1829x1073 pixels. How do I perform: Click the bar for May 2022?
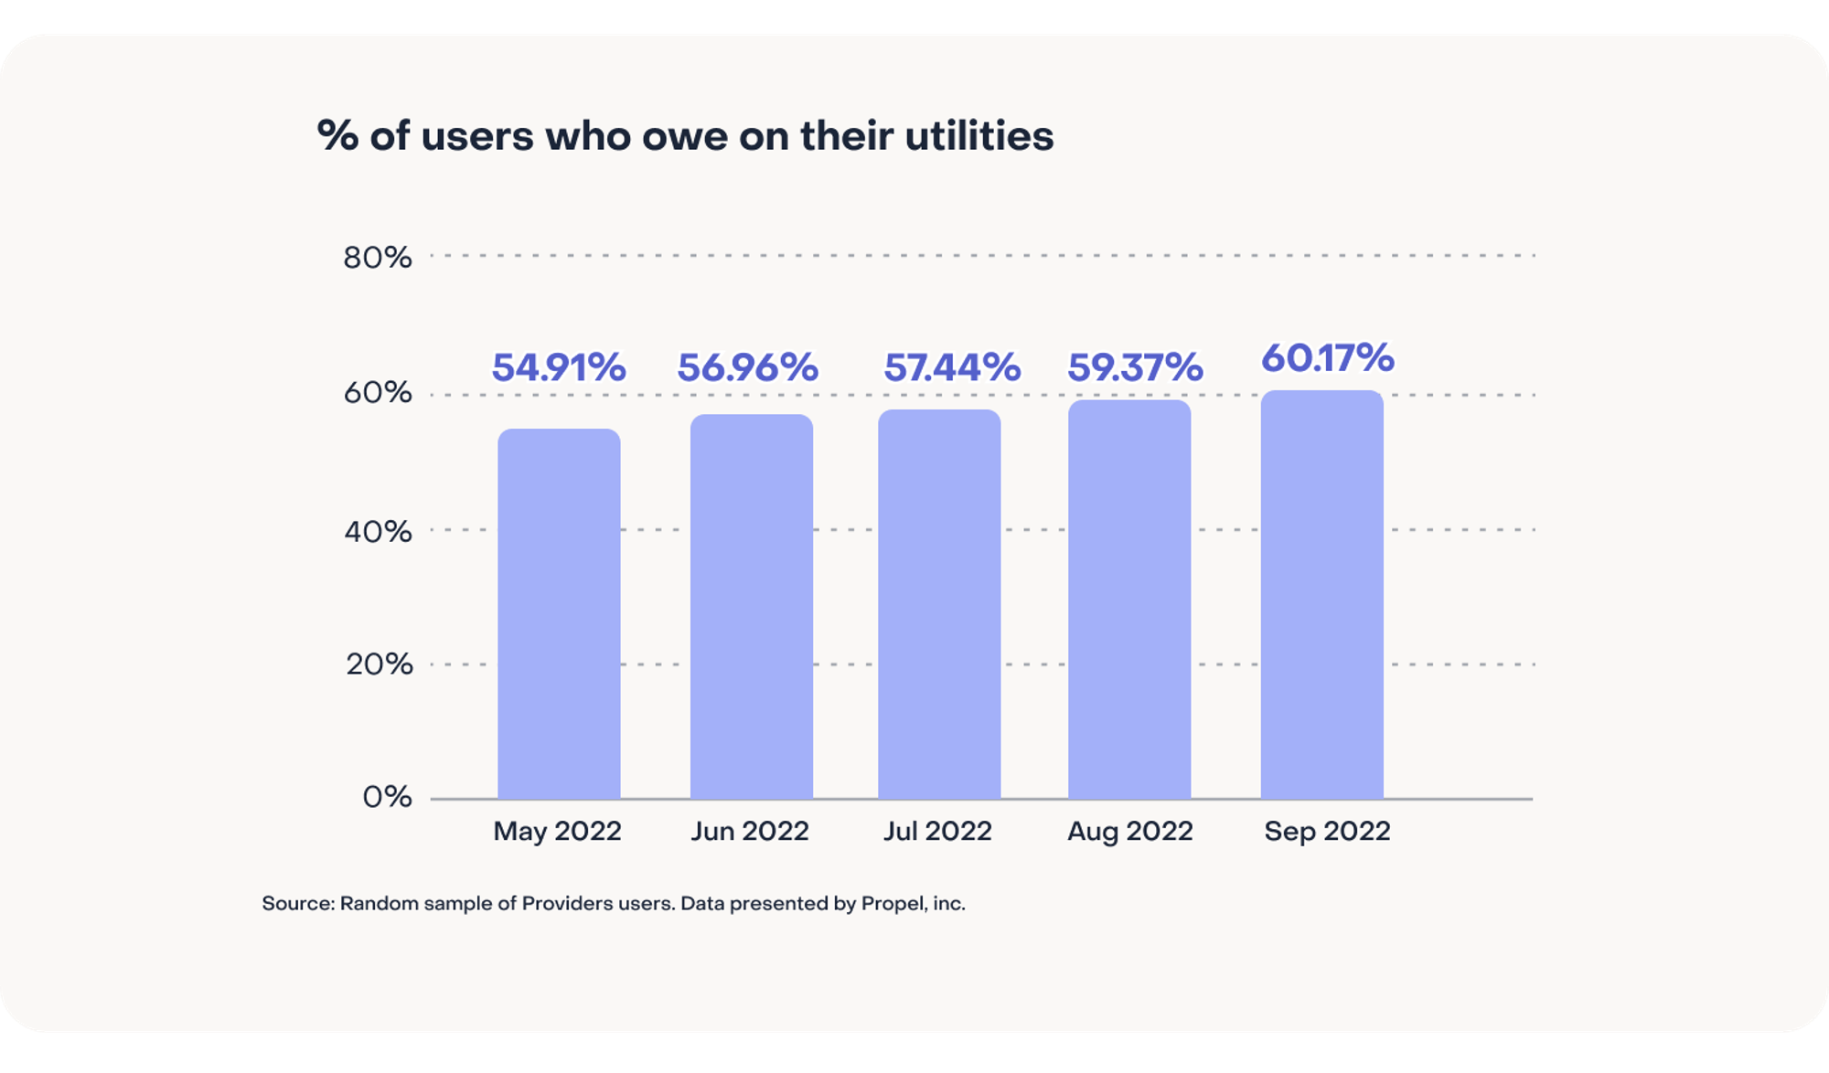tap(559, 614)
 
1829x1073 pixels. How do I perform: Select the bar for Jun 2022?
tap(751, 607)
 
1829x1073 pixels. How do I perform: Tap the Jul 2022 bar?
tap(939, 604)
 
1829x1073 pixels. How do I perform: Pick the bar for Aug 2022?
tap(1129, 600)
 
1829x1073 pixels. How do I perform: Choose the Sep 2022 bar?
tap(1321, 595)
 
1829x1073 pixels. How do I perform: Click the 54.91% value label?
tap(559, 367)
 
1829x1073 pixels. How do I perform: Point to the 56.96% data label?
tap(747, 367)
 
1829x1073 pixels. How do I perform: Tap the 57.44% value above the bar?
tap(951, 367)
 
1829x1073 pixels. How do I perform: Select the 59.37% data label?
tap(1135, 367)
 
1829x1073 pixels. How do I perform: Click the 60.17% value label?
tap(1327, 357)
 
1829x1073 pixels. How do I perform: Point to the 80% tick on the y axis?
tap(377, 258)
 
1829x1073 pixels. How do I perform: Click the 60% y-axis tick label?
tap(377, 393)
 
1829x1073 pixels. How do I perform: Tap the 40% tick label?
tap(377, 531)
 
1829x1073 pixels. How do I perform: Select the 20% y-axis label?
tap(379, 664)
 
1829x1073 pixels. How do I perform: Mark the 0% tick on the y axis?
tap(387, 797)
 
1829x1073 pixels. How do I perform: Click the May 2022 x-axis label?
tap(557, 831)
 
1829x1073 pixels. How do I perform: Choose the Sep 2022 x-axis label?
tap(1327, 831)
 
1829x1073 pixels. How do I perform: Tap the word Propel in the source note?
tap(892, 904)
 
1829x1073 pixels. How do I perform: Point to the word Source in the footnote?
tap(296, 904)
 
